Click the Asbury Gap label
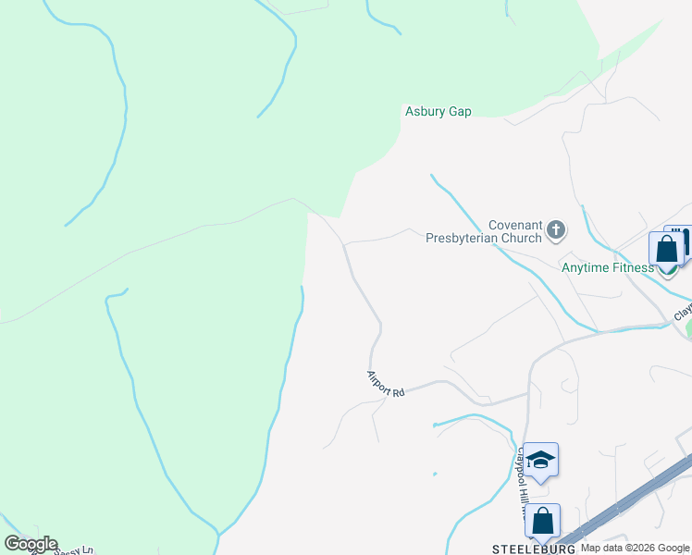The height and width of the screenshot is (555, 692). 439,111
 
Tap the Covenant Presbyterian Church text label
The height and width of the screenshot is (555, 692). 483,231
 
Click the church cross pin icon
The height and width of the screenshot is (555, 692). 555,228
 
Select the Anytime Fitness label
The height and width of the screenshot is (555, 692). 608,268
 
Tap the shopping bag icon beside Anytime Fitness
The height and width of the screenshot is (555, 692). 666,250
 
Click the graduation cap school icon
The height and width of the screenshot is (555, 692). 540,460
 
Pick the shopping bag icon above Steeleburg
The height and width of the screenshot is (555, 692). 542,521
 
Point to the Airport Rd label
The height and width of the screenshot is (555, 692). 386,384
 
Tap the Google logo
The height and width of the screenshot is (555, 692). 31,544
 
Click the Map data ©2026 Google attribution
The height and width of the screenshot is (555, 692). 635,549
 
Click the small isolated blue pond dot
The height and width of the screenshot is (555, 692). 434,475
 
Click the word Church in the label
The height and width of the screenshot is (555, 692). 521,238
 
